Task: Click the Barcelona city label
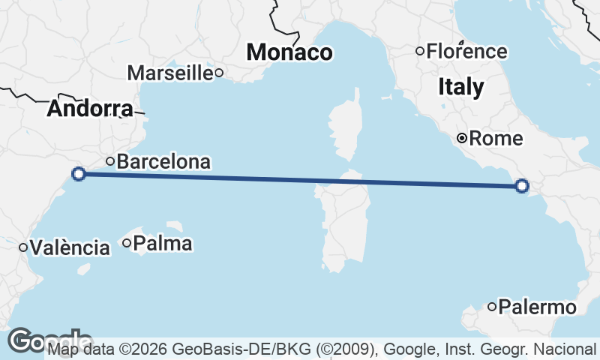(163, 161)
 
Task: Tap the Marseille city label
(170, 73)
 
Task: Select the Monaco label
(289, 52)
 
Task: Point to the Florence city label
(466, 52)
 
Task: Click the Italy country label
(460, 87)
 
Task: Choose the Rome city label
(495, 139)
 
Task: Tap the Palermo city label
(537, 307)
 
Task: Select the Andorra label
(89, 109)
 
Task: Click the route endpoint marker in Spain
(79, 174)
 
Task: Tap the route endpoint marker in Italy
(523, 186)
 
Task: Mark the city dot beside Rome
(463, 138)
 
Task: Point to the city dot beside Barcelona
(110, 160)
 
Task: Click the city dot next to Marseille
(219, 73)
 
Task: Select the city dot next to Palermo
(492, 306)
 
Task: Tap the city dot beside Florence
(420, 51)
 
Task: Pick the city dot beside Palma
(127, 242)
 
